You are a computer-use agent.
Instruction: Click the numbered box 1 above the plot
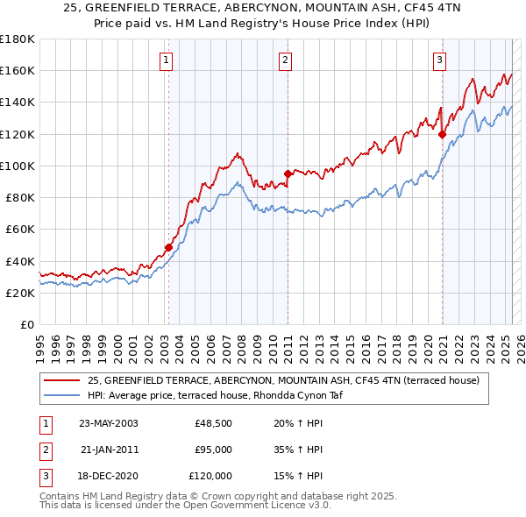click(166, 60)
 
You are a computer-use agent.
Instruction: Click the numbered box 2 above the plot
click(286, 60)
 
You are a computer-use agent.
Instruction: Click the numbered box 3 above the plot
click(439, 60)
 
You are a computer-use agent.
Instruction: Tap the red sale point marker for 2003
click(168, 248)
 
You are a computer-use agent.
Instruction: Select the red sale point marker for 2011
click(288, 173)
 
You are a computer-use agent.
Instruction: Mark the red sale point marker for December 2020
click(442, 134)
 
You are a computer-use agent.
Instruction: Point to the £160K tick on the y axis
click(17, 70)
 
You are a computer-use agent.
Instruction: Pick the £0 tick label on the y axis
click(26, 324)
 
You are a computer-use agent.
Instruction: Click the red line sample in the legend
click(62, 381)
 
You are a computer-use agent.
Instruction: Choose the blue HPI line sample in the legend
click(62, 395)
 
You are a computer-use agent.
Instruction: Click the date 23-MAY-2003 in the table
click(108, 423)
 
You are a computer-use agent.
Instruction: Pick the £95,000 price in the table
click(213, 450)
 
